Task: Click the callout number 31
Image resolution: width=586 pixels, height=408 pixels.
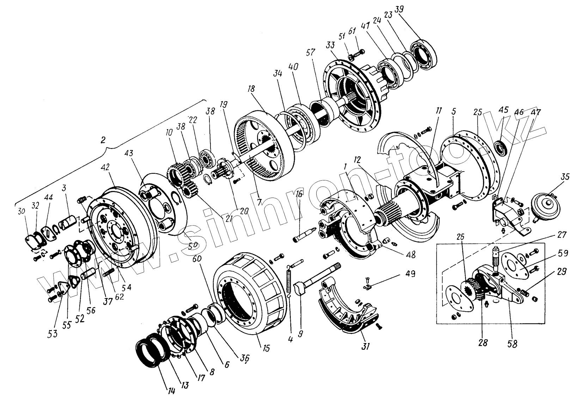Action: (365, 346)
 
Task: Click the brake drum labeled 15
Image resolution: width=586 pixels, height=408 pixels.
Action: (249, 293)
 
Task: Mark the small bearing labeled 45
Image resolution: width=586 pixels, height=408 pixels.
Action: (501, 148)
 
